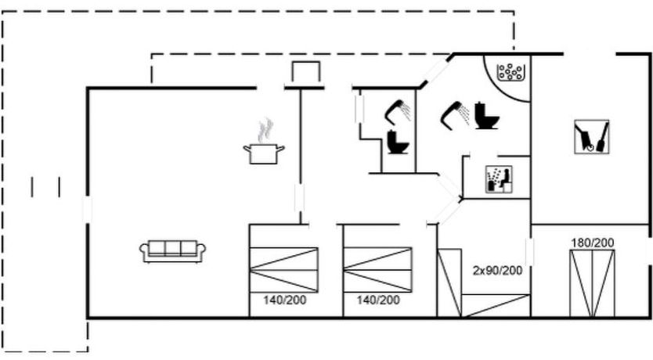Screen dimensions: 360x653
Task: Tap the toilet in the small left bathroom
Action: (x=396, y=142)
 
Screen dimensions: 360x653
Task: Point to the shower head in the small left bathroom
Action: (x=399, y=112)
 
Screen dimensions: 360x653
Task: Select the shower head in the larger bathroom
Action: (x=455, y=115)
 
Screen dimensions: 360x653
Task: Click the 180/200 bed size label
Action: (x=592, y=243)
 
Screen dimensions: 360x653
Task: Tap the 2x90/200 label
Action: (x=497, y=270)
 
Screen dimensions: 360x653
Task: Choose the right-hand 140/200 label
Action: (x=378, y=300)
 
